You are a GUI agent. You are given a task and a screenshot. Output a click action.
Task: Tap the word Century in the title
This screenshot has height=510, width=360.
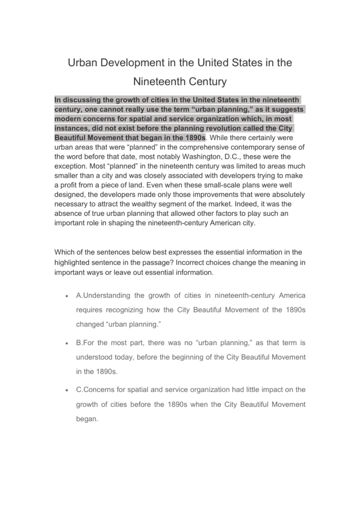coord(207,82)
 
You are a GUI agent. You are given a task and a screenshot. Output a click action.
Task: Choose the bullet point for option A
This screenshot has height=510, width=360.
coord(67,296)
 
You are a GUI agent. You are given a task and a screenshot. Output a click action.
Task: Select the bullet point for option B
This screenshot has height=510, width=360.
coord(67,343)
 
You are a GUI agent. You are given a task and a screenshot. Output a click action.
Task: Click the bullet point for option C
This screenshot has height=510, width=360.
coord(67,390)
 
